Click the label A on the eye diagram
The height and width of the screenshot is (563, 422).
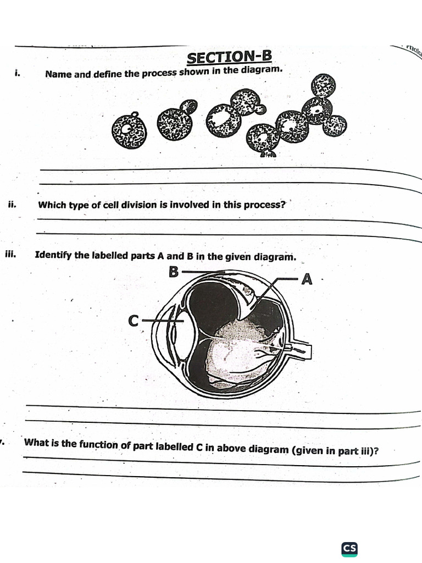pyautogui.click(x=307, y=280)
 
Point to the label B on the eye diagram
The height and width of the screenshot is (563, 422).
pyautogui.click(x=174, y=271)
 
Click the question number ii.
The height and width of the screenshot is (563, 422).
pyautogui.click(x=13, y=205)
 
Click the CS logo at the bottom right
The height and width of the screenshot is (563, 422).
pyautogui.click(x=349, y=548)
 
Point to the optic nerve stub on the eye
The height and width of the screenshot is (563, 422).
pyautogui.click(x=301, y=350)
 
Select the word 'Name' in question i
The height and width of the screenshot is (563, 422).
pyautogui.click(x=58, y=74)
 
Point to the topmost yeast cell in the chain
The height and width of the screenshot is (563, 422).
pyautogui.click(x=323, y=87)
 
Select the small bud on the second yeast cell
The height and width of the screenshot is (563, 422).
pyautogui.click(x=189, y=106)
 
